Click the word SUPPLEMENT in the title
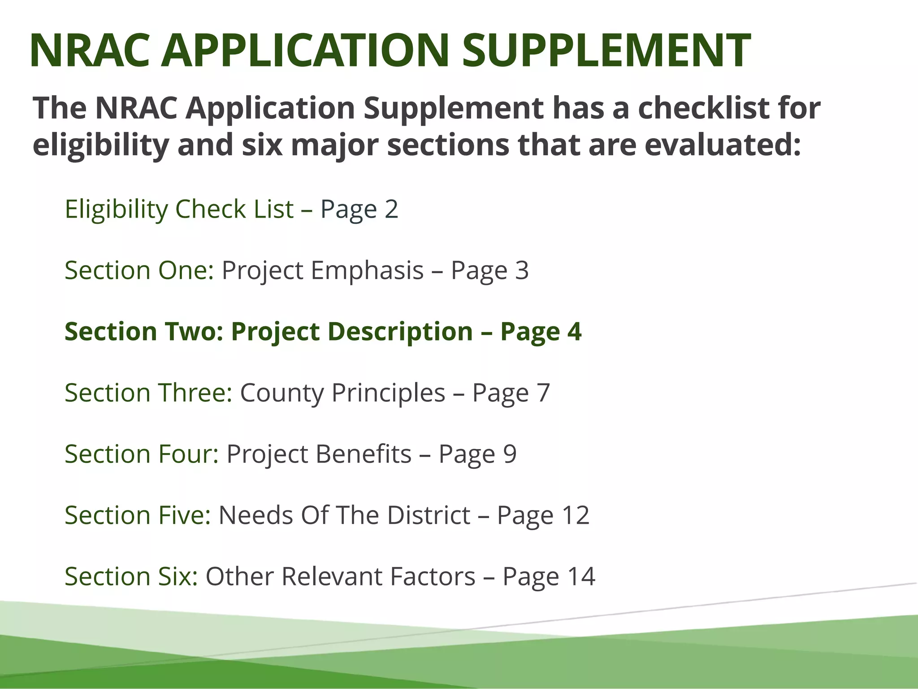click(606, 50)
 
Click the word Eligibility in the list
click(116, 209)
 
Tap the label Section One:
click(139, 270)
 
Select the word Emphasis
click(367, 270)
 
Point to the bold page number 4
click(574, 331)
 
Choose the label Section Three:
click(148, 393)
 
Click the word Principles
click(388, 393)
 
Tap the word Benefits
click(363, 454)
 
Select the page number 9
click(510, 454)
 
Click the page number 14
click(581, 576)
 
